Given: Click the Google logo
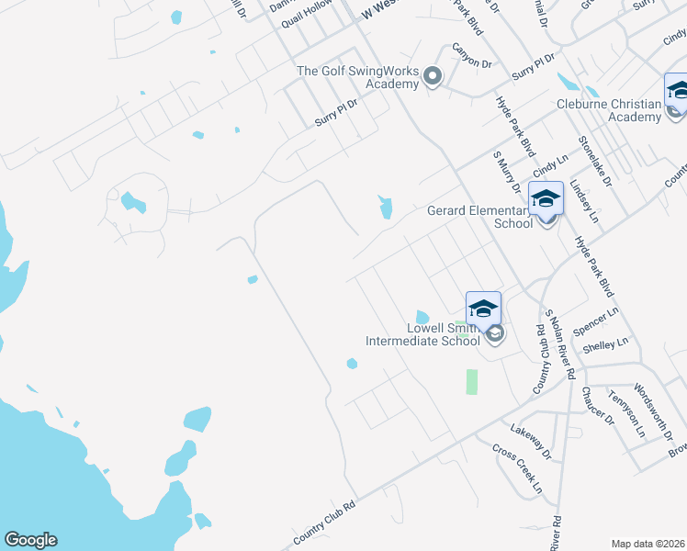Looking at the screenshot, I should coord(29,540).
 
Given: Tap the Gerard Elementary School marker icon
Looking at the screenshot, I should coord(546,199).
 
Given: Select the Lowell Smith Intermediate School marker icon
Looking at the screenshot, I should coord(483,309).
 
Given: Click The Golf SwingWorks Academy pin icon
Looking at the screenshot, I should coord(432,77).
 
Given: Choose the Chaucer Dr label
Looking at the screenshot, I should coord(597,405).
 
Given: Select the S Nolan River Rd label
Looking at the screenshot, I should coord(559,344).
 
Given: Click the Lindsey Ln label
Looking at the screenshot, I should coord(583,201).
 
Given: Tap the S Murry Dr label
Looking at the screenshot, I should coord(507,174).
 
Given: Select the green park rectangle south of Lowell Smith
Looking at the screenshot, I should coord(472,381).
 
